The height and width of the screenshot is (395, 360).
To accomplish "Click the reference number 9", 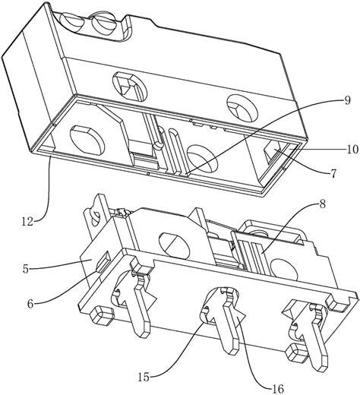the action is [x=347, y=100].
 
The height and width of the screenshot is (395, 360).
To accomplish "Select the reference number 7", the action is [x=333, y=174].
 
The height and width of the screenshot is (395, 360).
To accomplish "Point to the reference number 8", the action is [x=322, y=204].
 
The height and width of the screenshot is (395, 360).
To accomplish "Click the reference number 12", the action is [x=27, y=222].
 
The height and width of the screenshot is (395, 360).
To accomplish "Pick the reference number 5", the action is [x=26, y=269].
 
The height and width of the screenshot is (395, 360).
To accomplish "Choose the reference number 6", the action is [x=30, y=304].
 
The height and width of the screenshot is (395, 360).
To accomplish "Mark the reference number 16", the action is [x=277, y=389].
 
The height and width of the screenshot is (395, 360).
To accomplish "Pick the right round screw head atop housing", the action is [x=104, y=25].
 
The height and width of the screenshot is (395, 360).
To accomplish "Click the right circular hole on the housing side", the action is [x=242, y=107].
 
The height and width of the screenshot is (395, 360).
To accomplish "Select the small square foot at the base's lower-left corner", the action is [x=101, y=314].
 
